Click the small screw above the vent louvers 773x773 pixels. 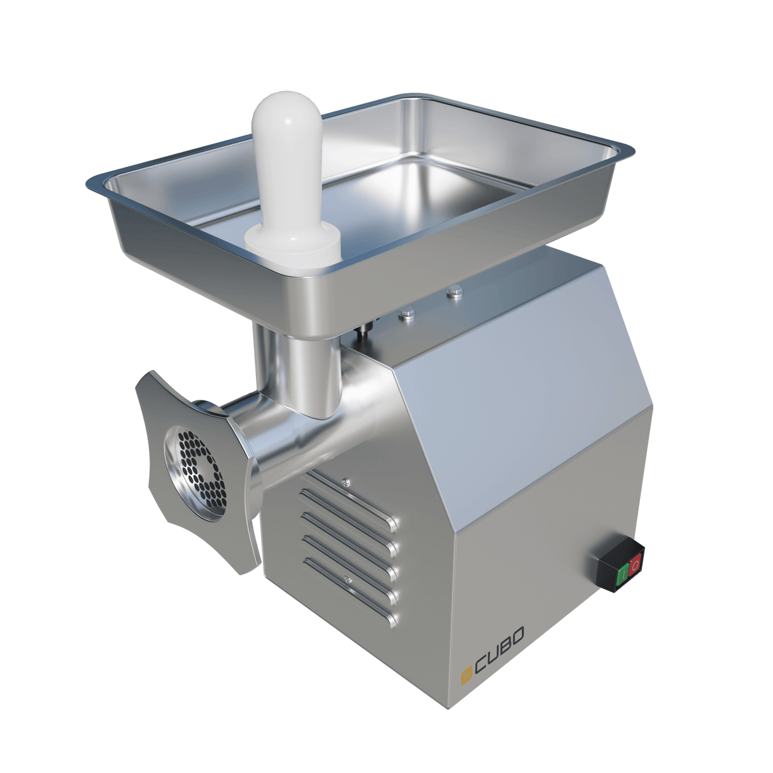pos(344,482)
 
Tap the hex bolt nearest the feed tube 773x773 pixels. pos(405,313)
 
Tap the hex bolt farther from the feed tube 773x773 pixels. pos(453,292)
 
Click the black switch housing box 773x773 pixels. pos(620,565)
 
